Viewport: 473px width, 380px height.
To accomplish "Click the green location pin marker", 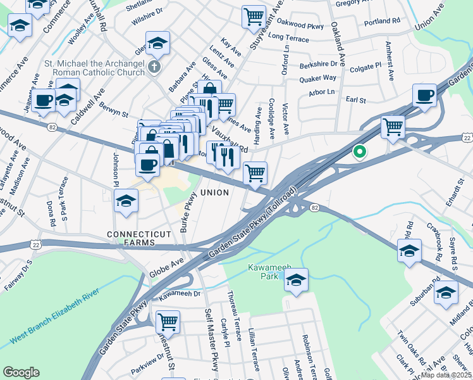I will click(360, 152).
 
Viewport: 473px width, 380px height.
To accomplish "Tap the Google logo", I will click(21, 372).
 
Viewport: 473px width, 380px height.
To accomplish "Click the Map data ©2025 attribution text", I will click(446, 375).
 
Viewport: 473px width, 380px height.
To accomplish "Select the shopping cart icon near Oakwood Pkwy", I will click(254, 16).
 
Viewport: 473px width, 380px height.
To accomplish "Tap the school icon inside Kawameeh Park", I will click(296, 280).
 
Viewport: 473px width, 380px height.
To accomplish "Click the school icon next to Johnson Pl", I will click(126, 201).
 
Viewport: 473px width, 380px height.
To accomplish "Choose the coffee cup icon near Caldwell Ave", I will click(44, 101).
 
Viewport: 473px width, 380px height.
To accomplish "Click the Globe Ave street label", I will click(167, 267).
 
